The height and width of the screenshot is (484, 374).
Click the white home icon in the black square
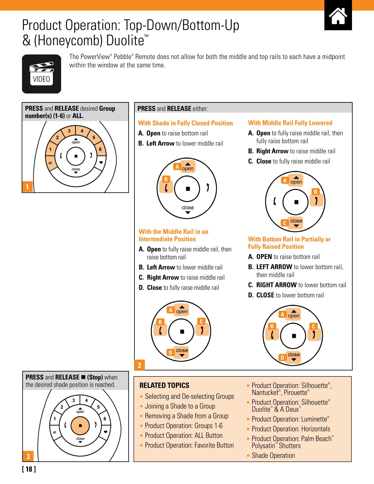[338, 16]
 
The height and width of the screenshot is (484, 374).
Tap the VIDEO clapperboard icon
[42, 74]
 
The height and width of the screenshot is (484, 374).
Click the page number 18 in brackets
[29, 469]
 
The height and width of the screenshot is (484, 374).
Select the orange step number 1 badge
[27, 187]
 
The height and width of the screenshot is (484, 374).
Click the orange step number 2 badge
[140, 365]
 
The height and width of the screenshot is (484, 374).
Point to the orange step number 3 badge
[28, 456]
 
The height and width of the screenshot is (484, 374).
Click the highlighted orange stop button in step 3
[80, 425]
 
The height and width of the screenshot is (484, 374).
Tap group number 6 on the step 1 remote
[100, 149]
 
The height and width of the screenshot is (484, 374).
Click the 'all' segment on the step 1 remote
[50, 163]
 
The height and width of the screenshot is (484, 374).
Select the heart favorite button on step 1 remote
[101, 163]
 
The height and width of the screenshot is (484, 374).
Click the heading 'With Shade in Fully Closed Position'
[185, 123]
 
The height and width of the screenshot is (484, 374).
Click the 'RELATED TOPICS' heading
[164, 385]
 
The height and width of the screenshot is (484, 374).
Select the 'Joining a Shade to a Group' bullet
[180, 406]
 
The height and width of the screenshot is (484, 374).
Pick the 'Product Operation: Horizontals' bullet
[291, 429]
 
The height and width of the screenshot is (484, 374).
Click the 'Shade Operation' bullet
[273, 456]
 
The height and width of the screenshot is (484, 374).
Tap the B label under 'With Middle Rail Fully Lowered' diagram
[315, 192]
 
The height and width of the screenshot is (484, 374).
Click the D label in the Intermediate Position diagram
[170, 353]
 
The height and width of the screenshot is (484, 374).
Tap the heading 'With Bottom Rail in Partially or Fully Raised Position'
[289, 243]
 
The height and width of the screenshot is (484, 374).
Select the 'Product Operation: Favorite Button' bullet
[189, 445]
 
